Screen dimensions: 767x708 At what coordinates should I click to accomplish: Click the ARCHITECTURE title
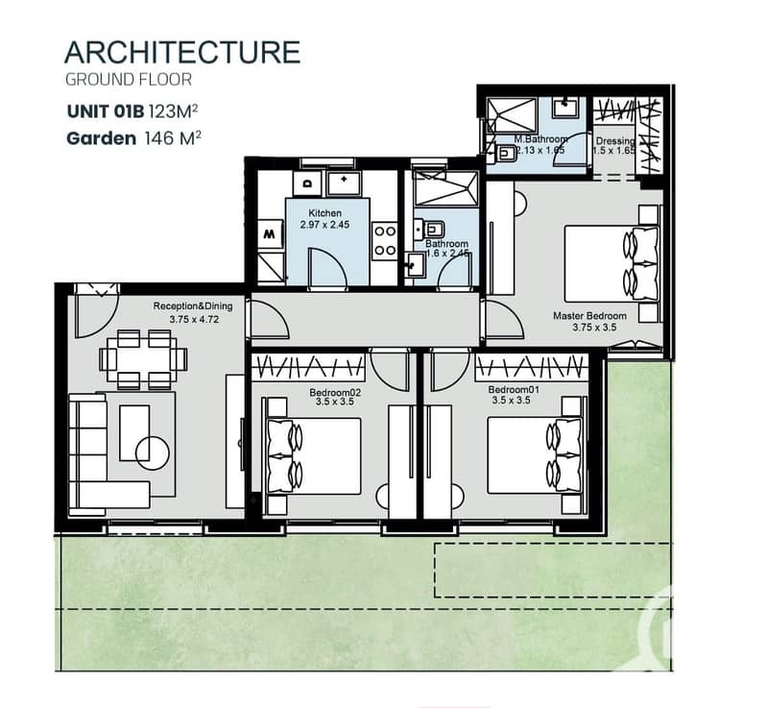point(182,53)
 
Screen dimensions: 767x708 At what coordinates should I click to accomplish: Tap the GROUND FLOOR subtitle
point(129,80)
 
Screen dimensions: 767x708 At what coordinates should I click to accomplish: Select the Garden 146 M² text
point(133,138)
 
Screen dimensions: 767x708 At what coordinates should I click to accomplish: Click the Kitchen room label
point(324,213)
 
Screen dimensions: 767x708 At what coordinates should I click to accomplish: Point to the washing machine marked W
point(270,234)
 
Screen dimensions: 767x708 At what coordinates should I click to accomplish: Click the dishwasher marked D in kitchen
point(307,183)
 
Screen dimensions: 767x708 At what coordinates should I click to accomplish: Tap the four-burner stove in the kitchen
point(385,241)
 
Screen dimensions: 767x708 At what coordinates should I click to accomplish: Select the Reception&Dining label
point(193,306)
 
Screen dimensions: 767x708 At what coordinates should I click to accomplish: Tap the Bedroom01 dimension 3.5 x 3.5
point(511,400)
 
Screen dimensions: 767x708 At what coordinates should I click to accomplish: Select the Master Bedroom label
point(589,316)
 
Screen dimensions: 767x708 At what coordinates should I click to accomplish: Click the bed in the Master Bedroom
point(611,263)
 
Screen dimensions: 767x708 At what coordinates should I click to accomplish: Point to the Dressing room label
point(615,141)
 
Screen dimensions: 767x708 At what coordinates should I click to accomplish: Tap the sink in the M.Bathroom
point(566,107)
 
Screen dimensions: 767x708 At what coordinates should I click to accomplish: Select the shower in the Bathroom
point(445,188)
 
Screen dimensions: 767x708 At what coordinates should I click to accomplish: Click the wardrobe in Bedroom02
point(308,367)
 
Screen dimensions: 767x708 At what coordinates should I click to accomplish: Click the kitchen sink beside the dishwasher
point(345,183)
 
